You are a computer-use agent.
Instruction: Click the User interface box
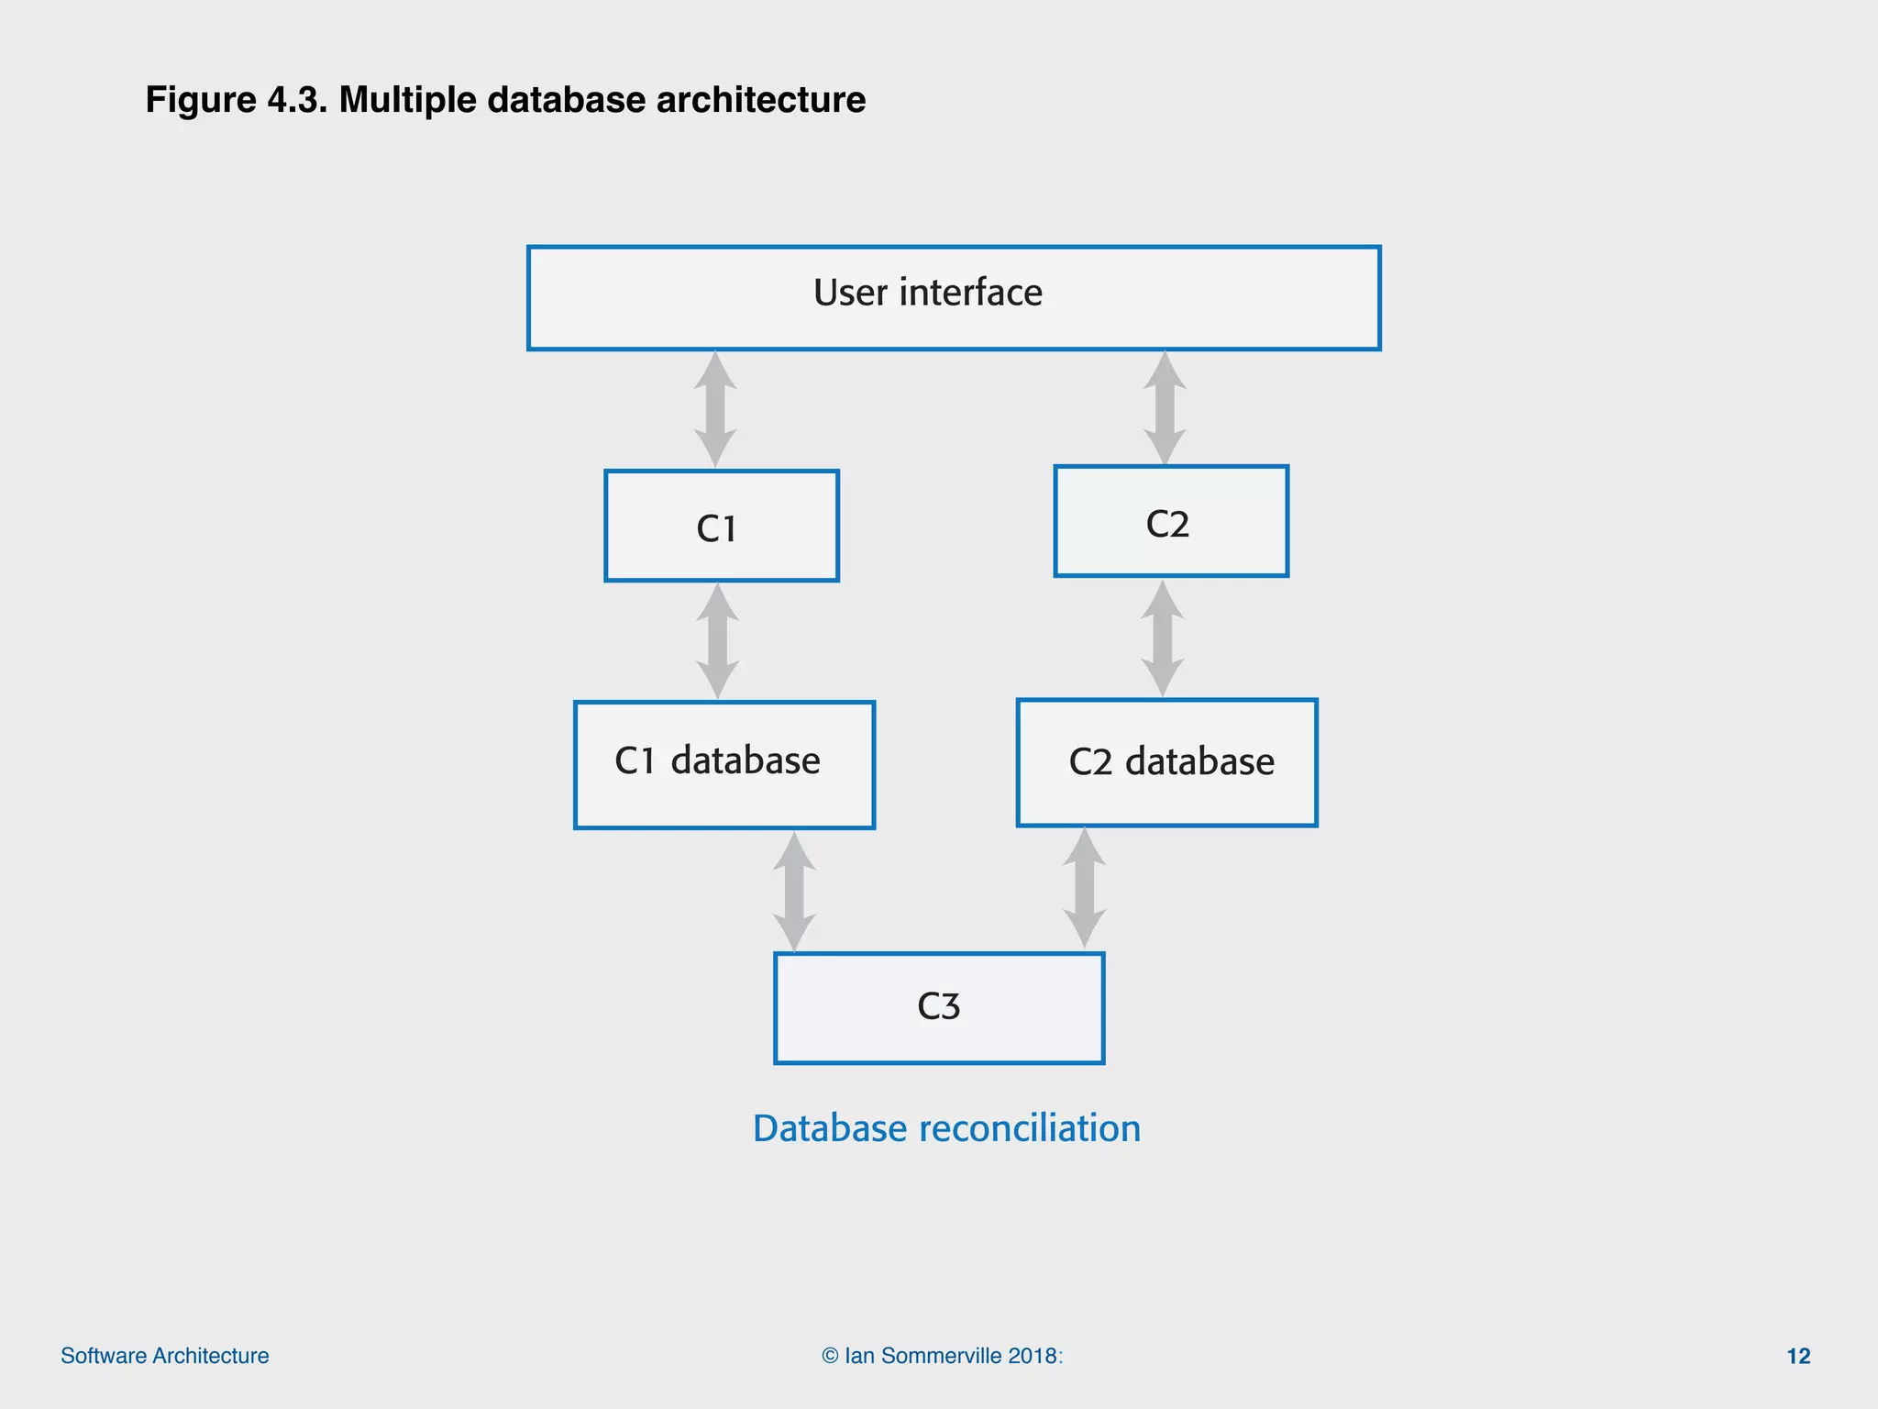coord(954,298)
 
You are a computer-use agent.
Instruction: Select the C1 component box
coord(722,527)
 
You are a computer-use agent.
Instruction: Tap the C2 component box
coord(1171,522)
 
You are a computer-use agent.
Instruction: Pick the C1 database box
coord(724,765)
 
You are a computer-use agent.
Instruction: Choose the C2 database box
coord(1166,763)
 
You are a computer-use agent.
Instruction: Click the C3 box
coord(939,1008)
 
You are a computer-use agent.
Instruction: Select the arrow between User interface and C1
coord(715,410)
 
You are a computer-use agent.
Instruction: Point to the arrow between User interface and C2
coord(1165,408)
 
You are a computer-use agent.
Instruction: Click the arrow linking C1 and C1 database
coord(717,641)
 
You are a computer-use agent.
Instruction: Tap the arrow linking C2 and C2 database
coord(1163,638)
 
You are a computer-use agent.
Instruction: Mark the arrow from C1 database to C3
coord(794,892)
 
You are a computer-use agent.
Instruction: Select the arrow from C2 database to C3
coord(1084,888)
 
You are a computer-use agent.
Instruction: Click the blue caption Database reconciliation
coord(946,1128)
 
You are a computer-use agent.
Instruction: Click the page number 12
coord(1798,1356)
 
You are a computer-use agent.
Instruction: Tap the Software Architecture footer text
coord(165,1356)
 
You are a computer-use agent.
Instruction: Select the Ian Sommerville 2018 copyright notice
coord(943,1356)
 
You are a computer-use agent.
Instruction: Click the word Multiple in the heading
coord(408,100)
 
